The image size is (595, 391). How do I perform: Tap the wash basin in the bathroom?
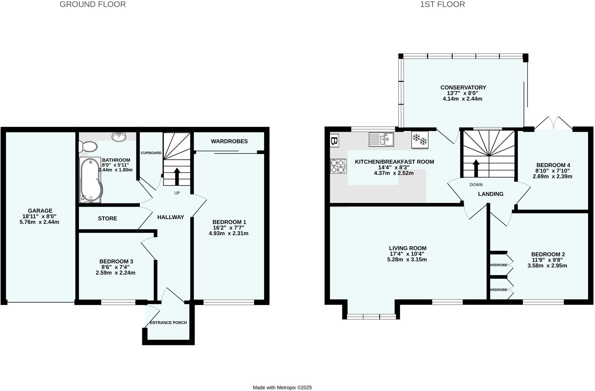click(119, 137)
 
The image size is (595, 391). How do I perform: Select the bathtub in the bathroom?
click(91, 180)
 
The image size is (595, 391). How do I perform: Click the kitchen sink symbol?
click(381, 139)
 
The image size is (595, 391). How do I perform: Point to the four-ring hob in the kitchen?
click(338, 166)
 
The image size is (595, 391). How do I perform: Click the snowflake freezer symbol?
click(420, 140)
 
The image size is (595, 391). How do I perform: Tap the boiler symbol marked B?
click(334, 141)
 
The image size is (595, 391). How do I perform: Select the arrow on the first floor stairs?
click(476, 168)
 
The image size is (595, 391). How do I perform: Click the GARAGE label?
click(40, 211)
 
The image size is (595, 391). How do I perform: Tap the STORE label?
click(107, 218)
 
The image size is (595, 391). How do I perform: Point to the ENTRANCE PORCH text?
click(168, 322)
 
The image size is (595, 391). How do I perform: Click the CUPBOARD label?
click(151, 153)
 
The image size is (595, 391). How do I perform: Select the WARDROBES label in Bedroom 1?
click(229, 141)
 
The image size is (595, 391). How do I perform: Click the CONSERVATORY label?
click(463, 87)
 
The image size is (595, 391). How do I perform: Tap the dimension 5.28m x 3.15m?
click(407, 259)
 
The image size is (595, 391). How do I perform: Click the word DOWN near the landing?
click(476, 185)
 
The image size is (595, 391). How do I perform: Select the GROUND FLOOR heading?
click(93, 4)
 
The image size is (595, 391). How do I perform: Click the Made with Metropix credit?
click(282, 388)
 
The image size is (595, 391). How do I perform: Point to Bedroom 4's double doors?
click(553, 123)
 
